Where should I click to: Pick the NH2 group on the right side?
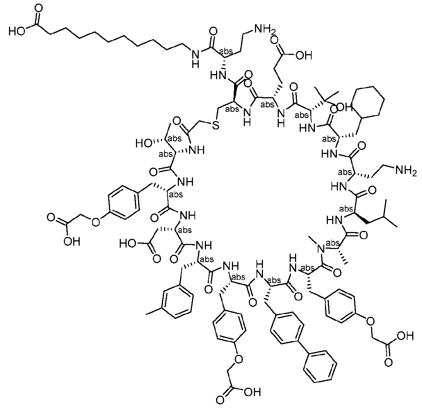[x=406, y=170]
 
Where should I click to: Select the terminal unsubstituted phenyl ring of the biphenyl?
[x=321, y=365]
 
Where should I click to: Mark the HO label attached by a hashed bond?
[x=143, y=143]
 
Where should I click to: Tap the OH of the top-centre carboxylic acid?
[x=303, y=55]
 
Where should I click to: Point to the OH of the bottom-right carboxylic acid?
[x=405, y=336]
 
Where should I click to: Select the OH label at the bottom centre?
[x=252, y=392]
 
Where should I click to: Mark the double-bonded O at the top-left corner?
[x=38, y=8]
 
